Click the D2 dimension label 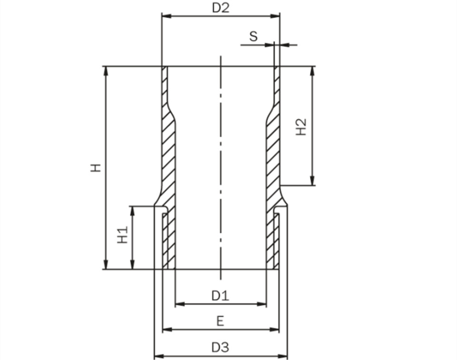[220, 8]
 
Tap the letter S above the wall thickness [254, 37]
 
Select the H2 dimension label [301, 127]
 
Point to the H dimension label [96, 168]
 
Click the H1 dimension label [123, 235]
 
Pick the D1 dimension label [220, 296]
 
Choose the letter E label [220, 321]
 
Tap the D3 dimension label [220, 347]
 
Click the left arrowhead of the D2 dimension [167, 16]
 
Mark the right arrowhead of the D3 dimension [283, 356]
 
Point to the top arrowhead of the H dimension [106, 71]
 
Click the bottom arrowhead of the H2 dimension [312, 180]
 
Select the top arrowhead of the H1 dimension [133, 211]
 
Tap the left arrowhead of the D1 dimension [180, 304]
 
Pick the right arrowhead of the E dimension [274, 330]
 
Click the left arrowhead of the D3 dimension [159, 356]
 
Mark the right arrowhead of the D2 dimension [275, 16]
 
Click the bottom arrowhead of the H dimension [106, 264]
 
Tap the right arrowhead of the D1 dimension [261, 304]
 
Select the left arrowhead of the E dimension [167, 330]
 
